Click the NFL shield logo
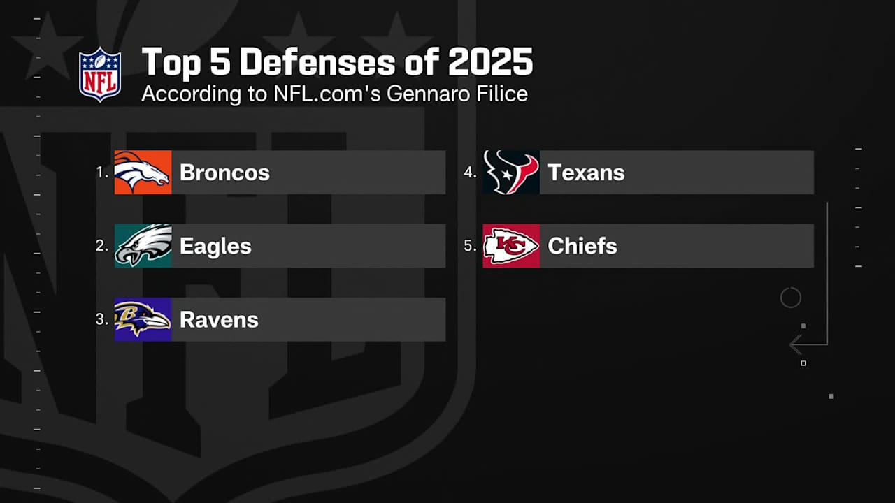point(100,75)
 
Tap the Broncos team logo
point(143,172)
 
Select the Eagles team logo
point(143,245)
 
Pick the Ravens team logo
point(143,319)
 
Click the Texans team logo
point(511,172)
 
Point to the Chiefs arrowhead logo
point(511,245)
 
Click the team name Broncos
point(224,173)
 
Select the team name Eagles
point(215,246)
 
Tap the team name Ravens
point(219,320)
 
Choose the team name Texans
point(586,173)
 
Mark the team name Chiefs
point(582,246)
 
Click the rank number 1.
point(101,172)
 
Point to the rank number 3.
point(101,319)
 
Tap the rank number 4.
point(470,172)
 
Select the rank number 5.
point(470,245)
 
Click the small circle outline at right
point(790,298)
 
